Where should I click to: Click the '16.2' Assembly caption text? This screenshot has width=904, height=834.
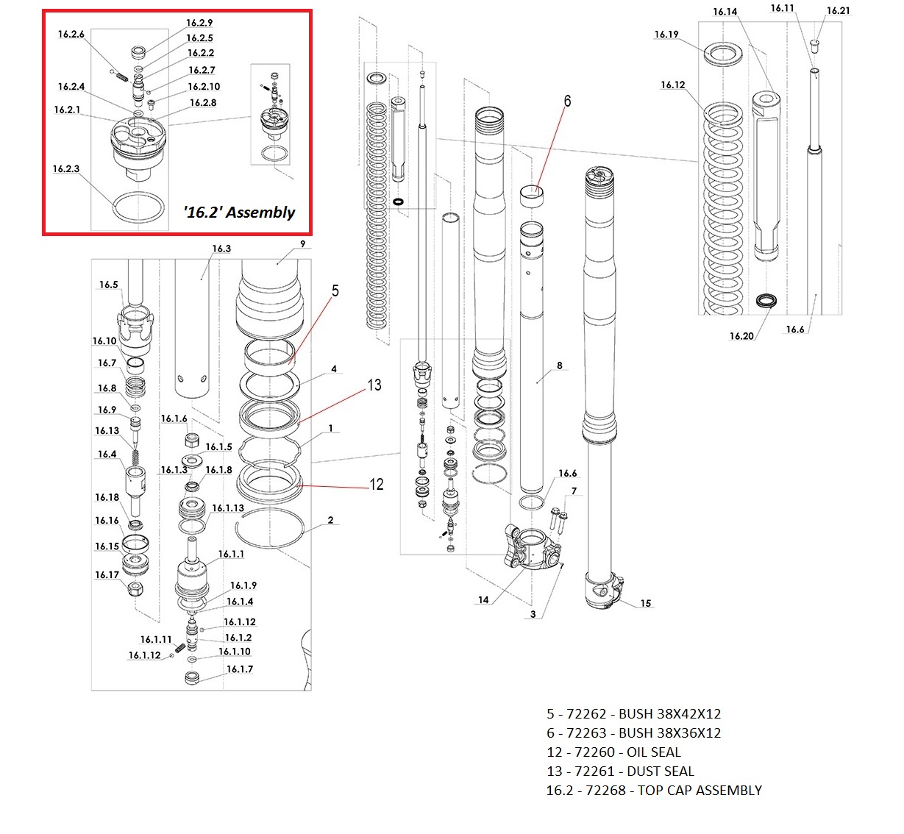point(239,213)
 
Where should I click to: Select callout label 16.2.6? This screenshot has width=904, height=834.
point(71,35)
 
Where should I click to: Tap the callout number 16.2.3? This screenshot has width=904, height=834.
point(65,169)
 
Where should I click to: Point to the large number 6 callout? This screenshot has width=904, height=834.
point(567,101)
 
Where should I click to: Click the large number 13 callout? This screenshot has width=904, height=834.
point(374,385)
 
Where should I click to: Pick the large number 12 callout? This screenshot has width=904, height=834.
point(377,484)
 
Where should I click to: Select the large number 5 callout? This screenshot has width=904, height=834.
point(335,291)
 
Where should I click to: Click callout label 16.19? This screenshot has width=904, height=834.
point(666,35)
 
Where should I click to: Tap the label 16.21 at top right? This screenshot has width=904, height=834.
point(838,10)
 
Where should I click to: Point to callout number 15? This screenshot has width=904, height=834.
point(645,603)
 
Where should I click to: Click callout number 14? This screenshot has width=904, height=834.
point(483,599)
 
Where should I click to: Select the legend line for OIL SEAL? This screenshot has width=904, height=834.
point(613,752)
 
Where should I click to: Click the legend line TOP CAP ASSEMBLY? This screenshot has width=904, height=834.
point(653,791)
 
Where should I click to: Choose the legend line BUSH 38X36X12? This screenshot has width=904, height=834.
point(633,733)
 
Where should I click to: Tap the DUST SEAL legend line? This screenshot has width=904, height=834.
point(620,771)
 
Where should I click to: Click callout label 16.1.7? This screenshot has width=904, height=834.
point(239,669)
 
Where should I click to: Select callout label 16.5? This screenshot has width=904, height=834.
point(108,285)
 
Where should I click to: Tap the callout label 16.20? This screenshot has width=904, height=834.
point(741,336)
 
